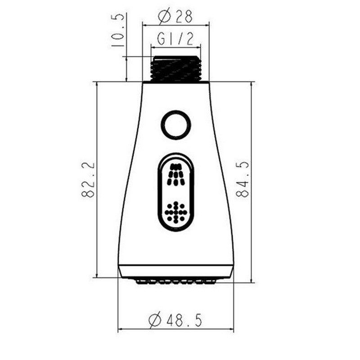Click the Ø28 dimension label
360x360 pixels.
(175, 16)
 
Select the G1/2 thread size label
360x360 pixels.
(175, 39)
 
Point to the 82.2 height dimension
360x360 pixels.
(88, 180)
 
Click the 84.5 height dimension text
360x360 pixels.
(242, 179)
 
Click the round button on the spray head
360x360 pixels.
(176, 125)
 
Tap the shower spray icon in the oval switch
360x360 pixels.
(176, 175)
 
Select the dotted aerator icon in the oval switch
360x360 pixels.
(176, 212)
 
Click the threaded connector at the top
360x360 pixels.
(176, 68)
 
